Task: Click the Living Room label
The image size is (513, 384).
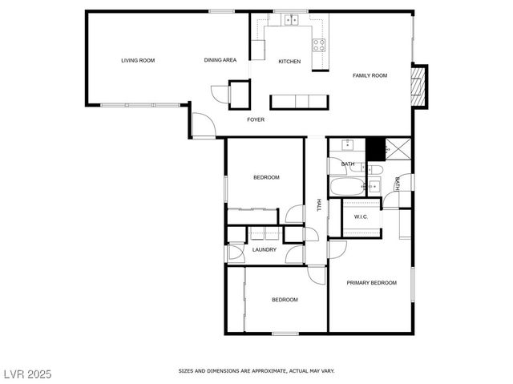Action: [x=138, y=60]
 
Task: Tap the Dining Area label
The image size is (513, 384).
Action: [x=220, y=60]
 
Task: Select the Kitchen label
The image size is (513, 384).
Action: [x=289, y=62]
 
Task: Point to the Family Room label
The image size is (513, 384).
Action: [x=370, y=75]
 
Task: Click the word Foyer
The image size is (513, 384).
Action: [x=256, y=119]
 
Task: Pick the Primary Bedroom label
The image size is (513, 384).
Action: [x=371, y=282]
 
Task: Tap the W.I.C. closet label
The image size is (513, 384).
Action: [x=361, y=216]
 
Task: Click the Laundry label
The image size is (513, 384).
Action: [x=265, y=249]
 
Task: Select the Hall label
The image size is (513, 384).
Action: [x=318, y=205]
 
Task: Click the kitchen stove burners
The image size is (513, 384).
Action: [x=318, y=45]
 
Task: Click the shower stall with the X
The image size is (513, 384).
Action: [x=396, y=148]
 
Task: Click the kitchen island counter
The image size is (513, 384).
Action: [x=299, y=101]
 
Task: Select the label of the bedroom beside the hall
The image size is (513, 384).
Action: [x=266, y=177]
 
